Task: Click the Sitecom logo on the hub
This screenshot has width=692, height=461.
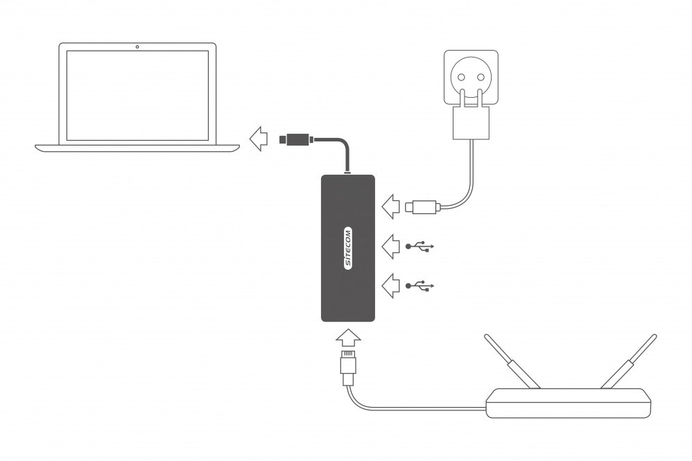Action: pos(348,247)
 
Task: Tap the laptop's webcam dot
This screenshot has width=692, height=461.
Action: pos(137,46)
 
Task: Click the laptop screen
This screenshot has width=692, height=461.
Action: pos(137,95)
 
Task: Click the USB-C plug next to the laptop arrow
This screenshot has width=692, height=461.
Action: pos(295,139)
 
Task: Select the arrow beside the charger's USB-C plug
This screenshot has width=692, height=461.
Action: pos(391,205)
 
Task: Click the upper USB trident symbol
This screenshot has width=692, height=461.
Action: pos(420,245)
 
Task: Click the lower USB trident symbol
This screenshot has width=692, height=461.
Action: pos(420,285)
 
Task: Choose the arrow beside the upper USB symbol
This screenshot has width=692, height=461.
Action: pos(391,245)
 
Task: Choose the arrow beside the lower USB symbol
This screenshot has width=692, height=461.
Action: pos(391,285)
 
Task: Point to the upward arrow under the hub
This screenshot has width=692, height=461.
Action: pos(348,338)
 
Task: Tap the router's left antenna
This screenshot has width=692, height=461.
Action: pos(512,361)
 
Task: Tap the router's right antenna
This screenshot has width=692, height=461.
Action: pos(628,361)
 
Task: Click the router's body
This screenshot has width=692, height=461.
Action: pos(569,403)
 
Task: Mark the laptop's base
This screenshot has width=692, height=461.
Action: pos(137,147)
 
